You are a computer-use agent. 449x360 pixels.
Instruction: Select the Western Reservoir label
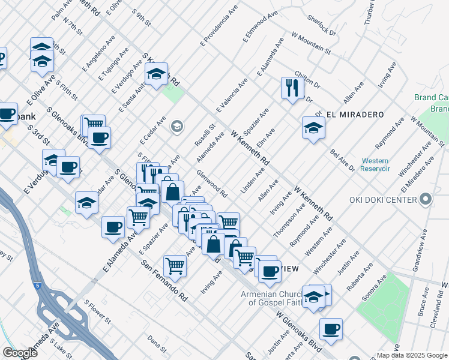point(375,165)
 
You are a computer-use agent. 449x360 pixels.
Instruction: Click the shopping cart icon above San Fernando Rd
point(175,265)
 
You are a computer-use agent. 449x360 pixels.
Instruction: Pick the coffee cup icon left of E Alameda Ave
point(113,227)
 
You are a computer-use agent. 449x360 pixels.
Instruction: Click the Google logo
point(19,352)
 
